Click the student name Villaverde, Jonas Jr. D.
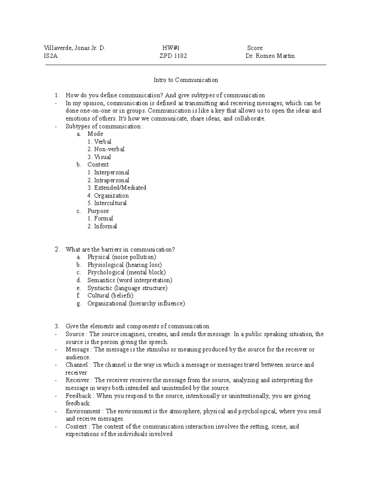click(x=75, y=48)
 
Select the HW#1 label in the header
click(x=171, y=48)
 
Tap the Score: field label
click(x=255, y=48)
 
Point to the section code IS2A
click(x=51, y=56)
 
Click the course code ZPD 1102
click(x=173, y=56)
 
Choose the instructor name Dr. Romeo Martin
click(x=270, y=56)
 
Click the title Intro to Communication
click(x=186, y=80)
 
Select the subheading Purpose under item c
click(x=98, y=211)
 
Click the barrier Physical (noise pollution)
click(x=122, y=257)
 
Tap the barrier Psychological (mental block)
click(x=126, y=273)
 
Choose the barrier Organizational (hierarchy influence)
click(x=136, y=304)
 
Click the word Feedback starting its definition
click(x=78, y=396)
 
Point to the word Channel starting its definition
click(x=77, y=365)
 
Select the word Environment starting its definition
click(x=83, y=411)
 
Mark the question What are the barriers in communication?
click(x=120, y=250)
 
